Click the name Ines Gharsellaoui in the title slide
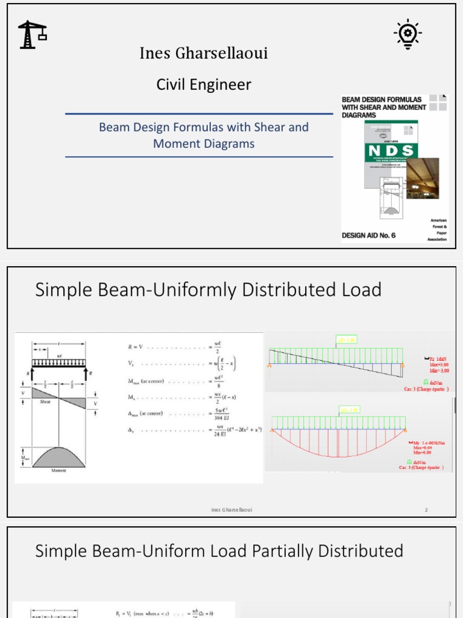[204, 54]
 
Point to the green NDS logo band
[391, 151]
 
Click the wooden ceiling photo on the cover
[422, 179]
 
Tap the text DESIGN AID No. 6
[368, 235]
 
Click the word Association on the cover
[437, 240]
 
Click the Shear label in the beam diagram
[46, 401]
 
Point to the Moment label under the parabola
[58, 470]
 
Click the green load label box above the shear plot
[346, 340]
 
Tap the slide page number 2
[426, 510]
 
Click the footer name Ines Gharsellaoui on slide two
[231, 510]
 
